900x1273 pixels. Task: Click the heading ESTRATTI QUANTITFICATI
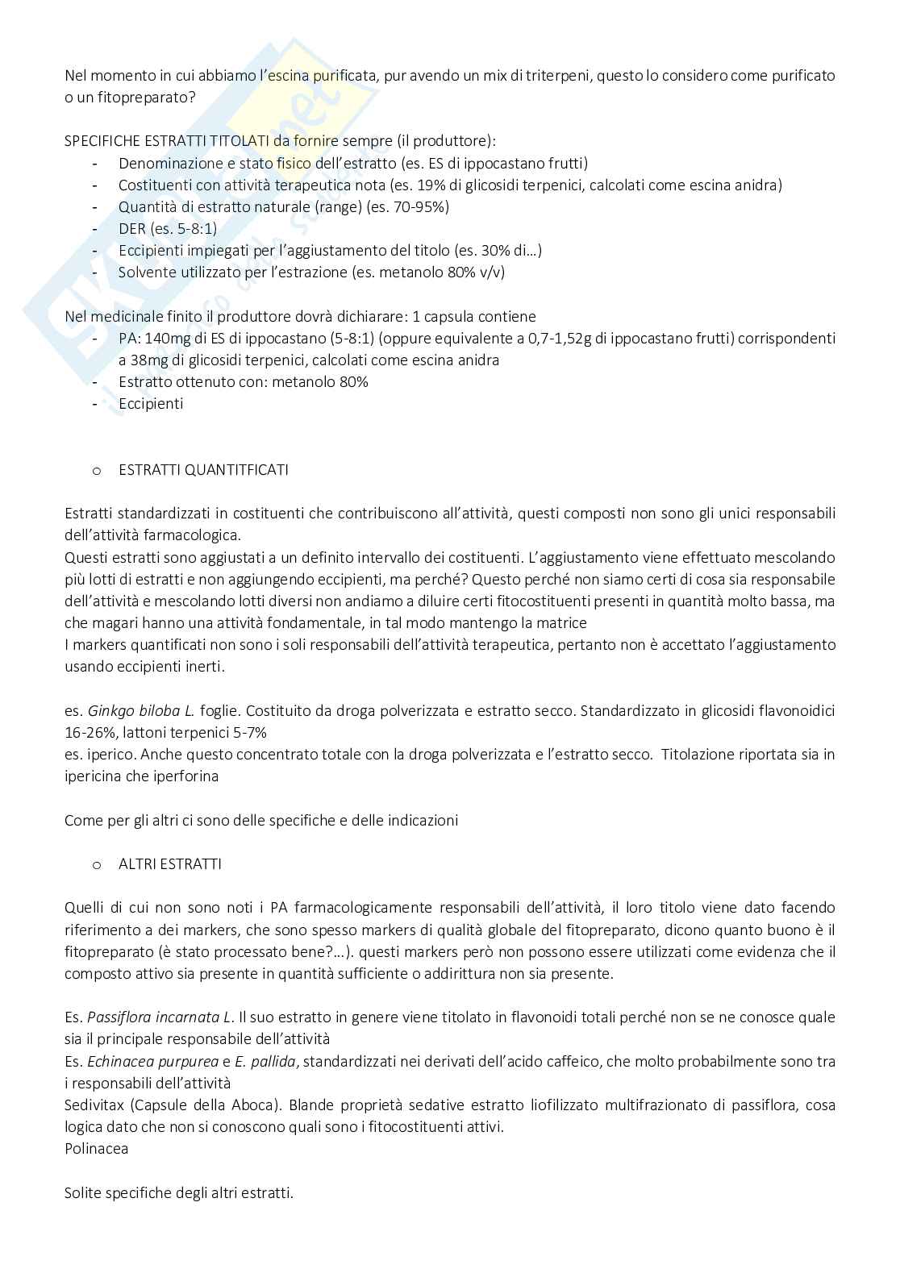[x=202, y=469]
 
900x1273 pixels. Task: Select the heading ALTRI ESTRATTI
[x=169, y=863]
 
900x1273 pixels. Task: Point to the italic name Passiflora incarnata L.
[x=160, y=1017]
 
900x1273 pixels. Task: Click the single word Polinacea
[x=96, y=1148]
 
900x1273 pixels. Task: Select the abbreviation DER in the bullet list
[x=132, y=228]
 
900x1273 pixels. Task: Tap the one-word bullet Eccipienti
[x=151, y=403]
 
